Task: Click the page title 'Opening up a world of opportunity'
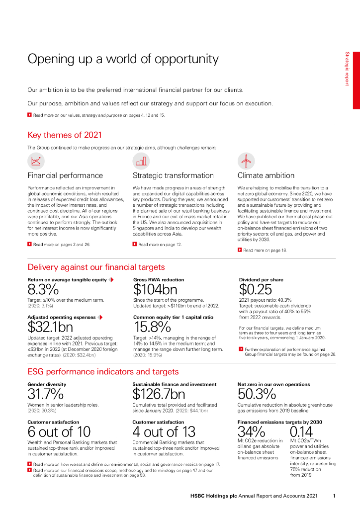[x=123, y=59]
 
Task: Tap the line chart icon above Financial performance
[x=36, y=161]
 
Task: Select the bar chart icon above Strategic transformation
[x=141, y=161]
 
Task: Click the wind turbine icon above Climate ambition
[x=246, y=161]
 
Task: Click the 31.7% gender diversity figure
[x=46, y=395]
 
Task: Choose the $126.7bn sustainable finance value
[x=159, y=395]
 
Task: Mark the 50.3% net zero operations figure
[x=257, y=395]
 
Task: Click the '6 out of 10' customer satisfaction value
[x=59, y=432]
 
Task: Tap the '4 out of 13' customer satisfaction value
[x=164, y=432]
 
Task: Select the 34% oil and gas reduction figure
[x=251, y=431]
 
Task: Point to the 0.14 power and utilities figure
[x=302, y=431]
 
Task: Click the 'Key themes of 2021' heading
[x=65, y=135]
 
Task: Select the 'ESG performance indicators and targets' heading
[x=103, y=372]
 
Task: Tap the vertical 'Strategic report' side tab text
[x=348, y=69]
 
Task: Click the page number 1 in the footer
[x=335, y=496]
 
